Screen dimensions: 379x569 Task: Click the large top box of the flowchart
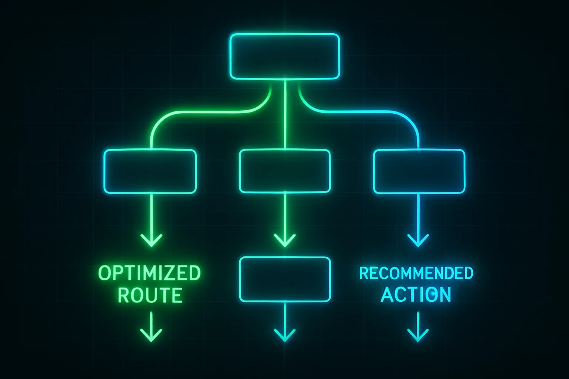(284, 56)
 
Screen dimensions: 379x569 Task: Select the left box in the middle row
(150, 171)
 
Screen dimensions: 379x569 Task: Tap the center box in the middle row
(284, 171)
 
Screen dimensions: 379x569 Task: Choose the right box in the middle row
(419, 171)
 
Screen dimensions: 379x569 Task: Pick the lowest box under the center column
(284, 279)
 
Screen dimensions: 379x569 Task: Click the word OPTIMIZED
(150, 274)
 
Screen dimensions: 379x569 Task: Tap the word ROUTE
(150, 295)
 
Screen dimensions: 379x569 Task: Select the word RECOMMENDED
(416, 274)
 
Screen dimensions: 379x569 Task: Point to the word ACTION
(416, 295)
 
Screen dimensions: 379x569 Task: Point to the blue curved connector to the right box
(370, 111)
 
